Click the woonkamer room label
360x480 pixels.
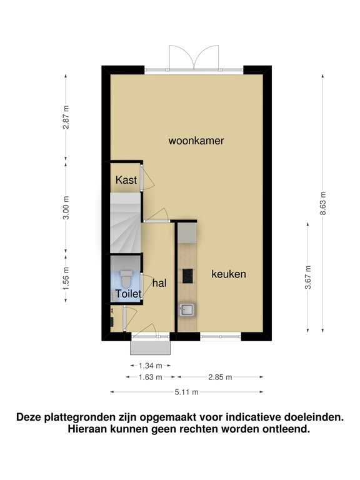coord(196,141)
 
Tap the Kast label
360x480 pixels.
coord(126,180)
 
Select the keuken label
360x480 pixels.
coord(229,274)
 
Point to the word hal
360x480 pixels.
coord(159,283)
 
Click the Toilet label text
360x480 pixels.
coord(129,294)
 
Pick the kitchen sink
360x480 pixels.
coord(186,309)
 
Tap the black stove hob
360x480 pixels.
coord(188,276)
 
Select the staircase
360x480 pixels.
coord(126,223)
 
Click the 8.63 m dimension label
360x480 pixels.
coord(323,203)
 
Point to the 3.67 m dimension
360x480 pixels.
coord(308,277)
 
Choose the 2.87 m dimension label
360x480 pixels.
coord(66,117)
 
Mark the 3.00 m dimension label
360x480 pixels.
coord(66,207)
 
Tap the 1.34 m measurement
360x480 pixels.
coord(150,366)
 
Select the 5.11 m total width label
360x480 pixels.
coord(187,392)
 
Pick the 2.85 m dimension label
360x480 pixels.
coord(220,377)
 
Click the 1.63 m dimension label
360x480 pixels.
coord(150,377)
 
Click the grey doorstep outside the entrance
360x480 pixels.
coord(150,347)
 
